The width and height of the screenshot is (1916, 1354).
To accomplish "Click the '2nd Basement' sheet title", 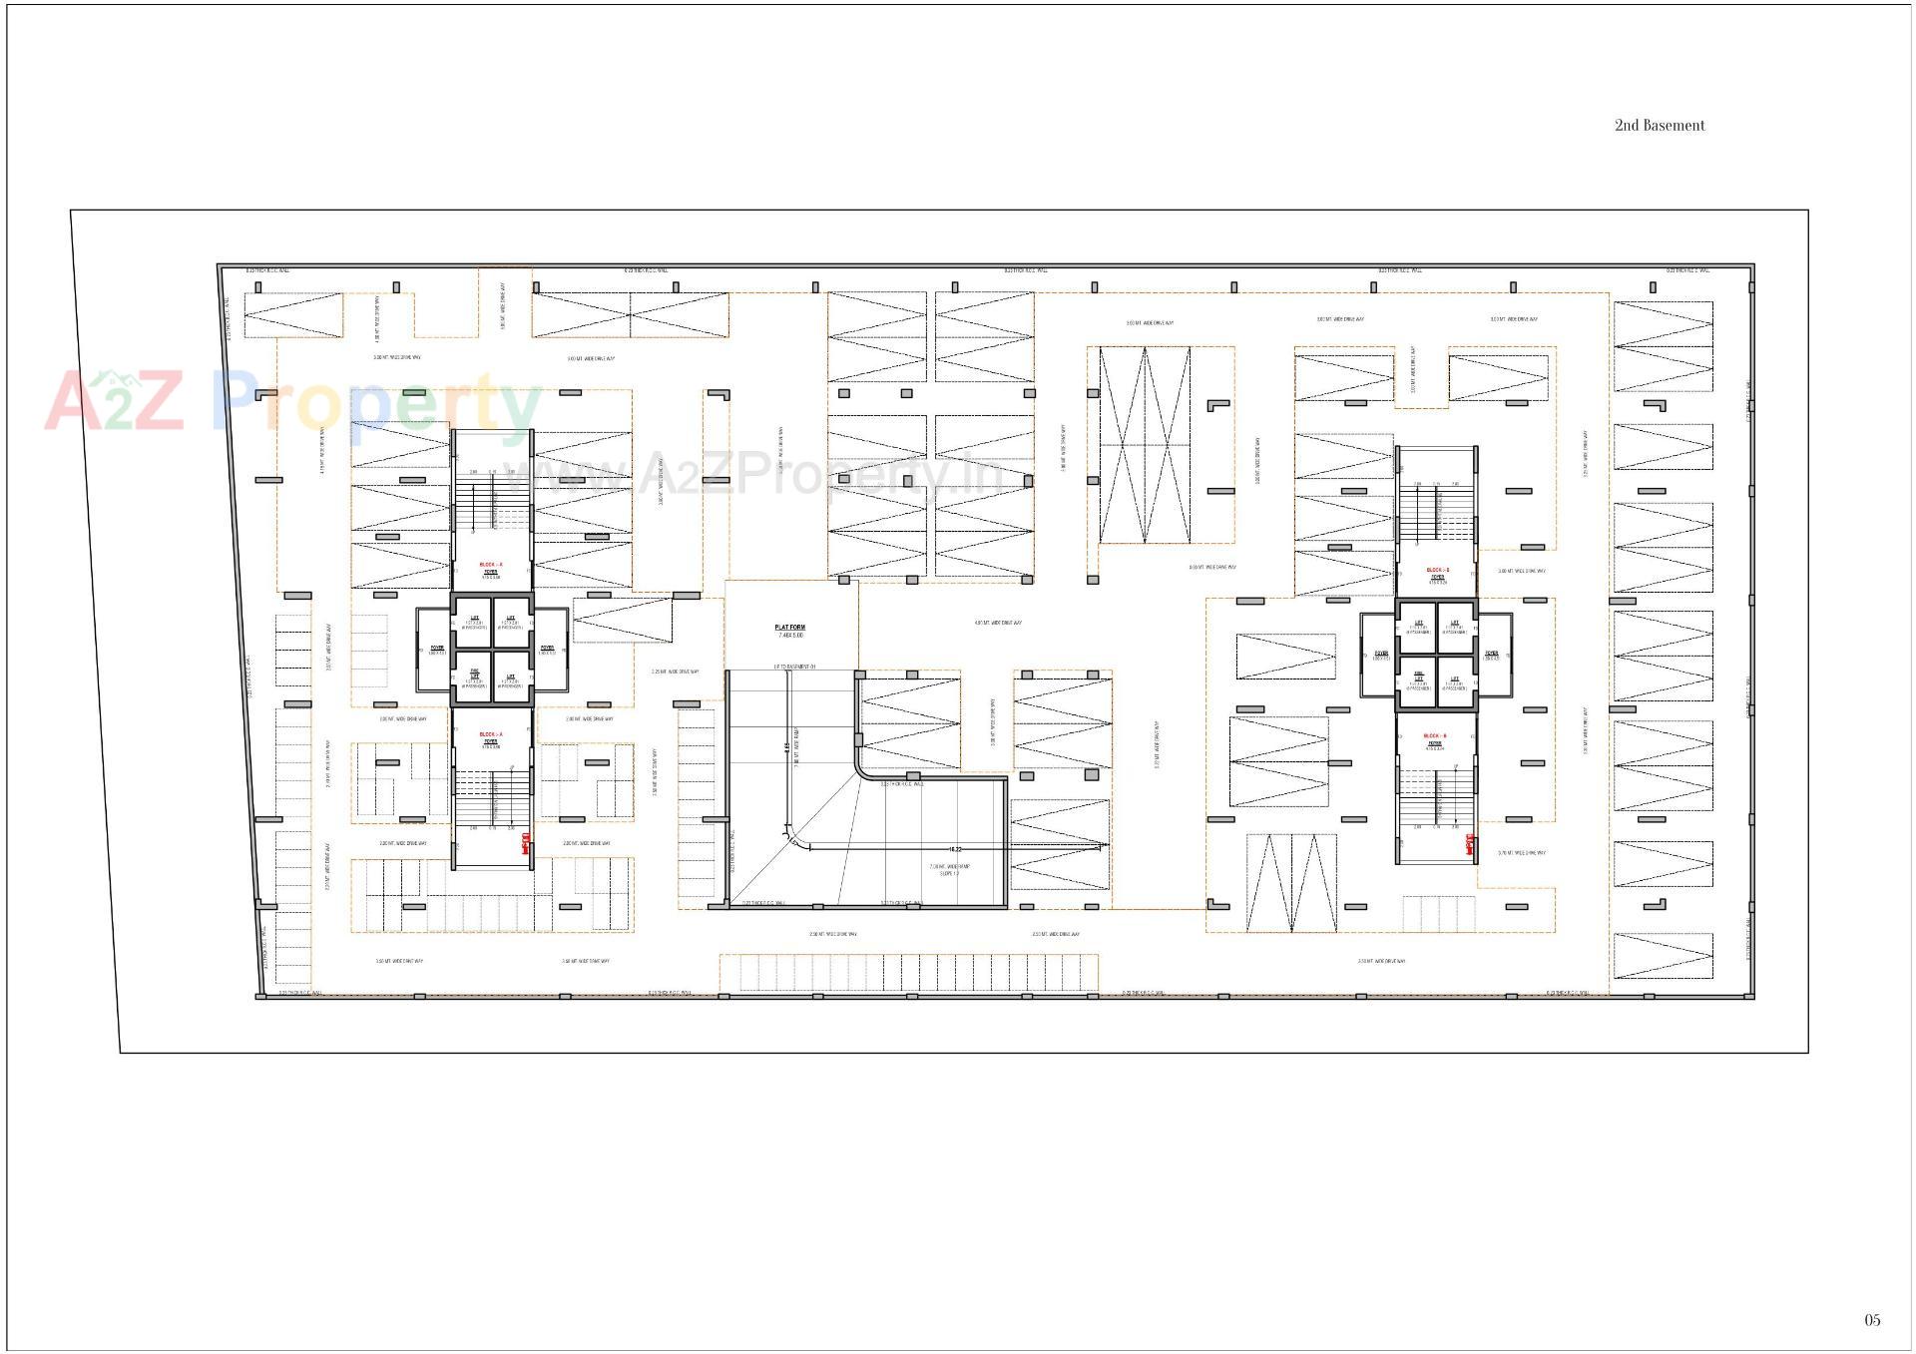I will (x=1659, y=126).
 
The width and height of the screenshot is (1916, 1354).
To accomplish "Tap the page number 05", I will (x=1872, y=1320).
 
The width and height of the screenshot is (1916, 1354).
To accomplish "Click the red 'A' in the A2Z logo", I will (x=74, y=402).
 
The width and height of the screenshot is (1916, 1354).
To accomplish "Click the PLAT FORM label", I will (x=789, y=628).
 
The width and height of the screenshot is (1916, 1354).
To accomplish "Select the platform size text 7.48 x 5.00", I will (x=790, y=636).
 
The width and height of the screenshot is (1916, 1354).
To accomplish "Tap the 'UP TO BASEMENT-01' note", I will (x=794, y=667).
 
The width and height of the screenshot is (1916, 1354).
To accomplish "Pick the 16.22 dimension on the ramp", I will (x=955, y=849).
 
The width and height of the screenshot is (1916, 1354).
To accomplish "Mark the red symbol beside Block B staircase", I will (x=1469, y=845).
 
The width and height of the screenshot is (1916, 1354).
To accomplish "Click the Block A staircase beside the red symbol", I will (x=492, y=798).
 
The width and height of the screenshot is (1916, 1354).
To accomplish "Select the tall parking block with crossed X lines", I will (x=1145, y=445).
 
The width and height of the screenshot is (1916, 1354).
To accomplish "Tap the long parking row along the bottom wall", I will (x=908, y=973).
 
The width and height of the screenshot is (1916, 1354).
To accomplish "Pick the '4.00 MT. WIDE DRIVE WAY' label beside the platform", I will (x=998, y=624).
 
